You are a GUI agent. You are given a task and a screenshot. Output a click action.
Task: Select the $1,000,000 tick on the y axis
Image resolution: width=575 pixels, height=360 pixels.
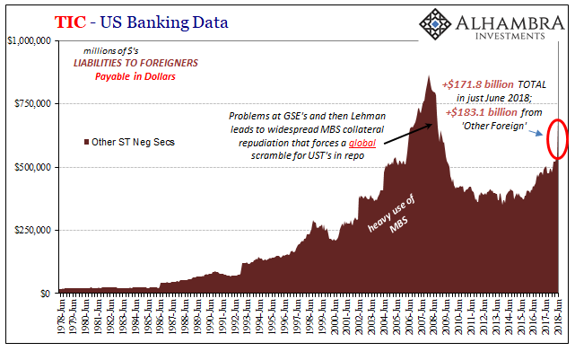(x=30, y=40)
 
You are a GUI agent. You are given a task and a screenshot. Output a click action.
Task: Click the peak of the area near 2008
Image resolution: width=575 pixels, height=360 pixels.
(x=429, y=77)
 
